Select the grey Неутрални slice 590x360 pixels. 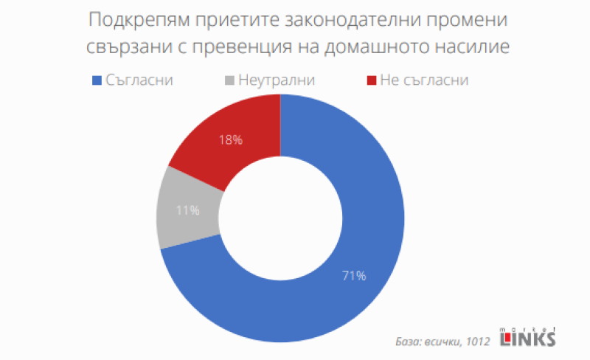[184, 210]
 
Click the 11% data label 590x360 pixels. [188, 210]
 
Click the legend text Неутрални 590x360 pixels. [277, 79]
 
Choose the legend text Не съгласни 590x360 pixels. [425, 79]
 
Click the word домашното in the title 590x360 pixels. [386, 46]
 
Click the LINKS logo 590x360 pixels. [528, 338]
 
